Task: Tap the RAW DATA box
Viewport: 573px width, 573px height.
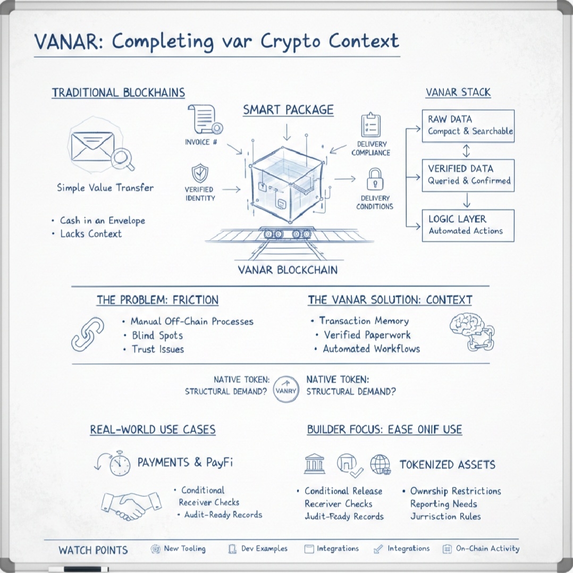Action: (x=468, y=125)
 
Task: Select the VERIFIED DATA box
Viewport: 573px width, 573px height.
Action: (x=468, y=174)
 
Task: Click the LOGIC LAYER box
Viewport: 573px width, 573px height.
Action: (x=468, y=225)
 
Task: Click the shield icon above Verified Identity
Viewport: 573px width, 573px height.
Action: (x=200, y=173)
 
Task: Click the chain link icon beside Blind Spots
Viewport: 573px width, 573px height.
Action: (x=87, y=335)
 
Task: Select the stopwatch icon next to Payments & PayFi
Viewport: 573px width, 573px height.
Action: (x=119, y=463)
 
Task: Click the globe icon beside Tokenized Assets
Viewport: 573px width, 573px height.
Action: (x=380, y=464)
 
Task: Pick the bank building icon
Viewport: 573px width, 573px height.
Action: (x=315, y=464)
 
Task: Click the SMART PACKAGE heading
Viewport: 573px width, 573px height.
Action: (x=288, y=109)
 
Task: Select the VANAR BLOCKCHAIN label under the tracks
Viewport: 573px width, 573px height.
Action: (x=288, y=269)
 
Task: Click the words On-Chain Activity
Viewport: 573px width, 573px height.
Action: (x=487, y=549)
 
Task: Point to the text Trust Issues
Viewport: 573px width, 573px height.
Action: (x=158, y=349)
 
